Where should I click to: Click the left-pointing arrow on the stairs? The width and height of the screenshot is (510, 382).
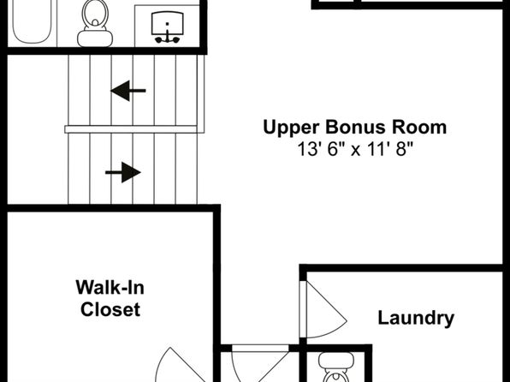tap(128, 91)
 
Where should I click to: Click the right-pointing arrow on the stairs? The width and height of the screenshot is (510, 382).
tap(123, 172)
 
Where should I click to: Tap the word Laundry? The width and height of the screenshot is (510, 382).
tap(416, 318)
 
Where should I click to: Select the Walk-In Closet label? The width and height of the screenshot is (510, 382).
tap(110, 298)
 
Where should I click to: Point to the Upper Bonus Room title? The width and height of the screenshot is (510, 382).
tap(355, 128)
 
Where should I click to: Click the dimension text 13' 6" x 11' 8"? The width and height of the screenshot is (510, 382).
tap(355, 150)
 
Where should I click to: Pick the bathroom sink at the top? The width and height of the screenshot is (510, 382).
tap(167, 27)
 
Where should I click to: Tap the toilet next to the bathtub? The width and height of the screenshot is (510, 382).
tap(95, 23)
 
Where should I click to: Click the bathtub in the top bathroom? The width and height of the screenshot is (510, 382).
tap(32, 21)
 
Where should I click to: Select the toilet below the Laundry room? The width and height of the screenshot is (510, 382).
tap(336, 367)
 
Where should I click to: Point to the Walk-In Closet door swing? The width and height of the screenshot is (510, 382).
tap(181, 365)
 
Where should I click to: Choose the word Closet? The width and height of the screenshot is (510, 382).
tap(110, 309)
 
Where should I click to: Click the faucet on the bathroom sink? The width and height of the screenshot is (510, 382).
tap(167, 38)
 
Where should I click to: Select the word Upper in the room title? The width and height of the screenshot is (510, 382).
tap(292, 128)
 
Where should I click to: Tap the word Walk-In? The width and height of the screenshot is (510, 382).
tap(110, 287)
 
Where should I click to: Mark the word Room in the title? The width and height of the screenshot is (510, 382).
tap(419, 127)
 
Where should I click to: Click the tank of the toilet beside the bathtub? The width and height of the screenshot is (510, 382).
tap(95, 39)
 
